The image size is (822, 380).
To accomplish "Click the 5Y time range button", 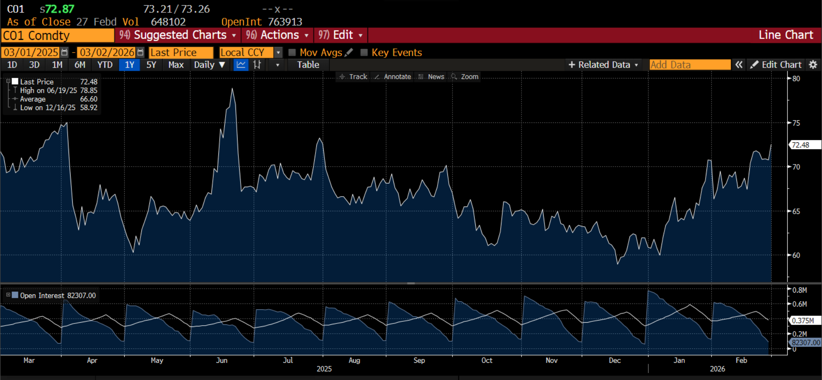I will click(151, 65).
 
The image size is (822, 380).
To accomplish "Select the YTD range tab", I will click(104, 65).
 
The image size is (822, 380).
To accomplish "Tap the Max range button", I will click(176, 65).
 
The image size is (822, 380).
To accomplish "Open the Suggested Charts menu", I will click(178, 35).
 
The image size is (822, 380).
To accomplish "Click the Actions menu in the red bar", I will click(277, 35).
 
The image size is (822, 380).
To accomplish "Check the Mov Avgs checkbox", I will click(292, 52).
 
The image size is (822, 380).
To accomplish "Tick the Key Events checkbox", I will click(364, 52).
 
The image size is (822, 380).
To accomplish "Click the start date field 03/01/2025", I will click(31, 52).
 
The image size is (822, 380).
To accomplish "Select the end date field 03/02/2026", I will click(107, 52).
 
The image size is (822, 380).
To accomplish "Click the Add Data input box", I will click(690, 65).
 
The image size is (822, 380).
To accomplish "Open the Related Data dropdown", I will click(603, 65).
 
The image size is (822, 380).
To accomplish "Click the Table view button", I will click(308, 65).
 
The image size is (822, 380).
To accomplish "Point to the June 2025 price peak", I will click(232, 89).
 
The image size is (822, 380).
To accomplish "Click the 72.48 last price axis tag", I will click(804, 145).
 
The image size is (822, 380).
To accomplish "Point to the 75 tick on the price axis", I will click(796, 123).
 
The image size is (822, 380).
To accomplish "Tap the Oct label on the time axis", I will click(487, 360).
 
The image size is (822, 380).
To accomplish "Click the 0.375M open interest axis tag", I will click(804, 320).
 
